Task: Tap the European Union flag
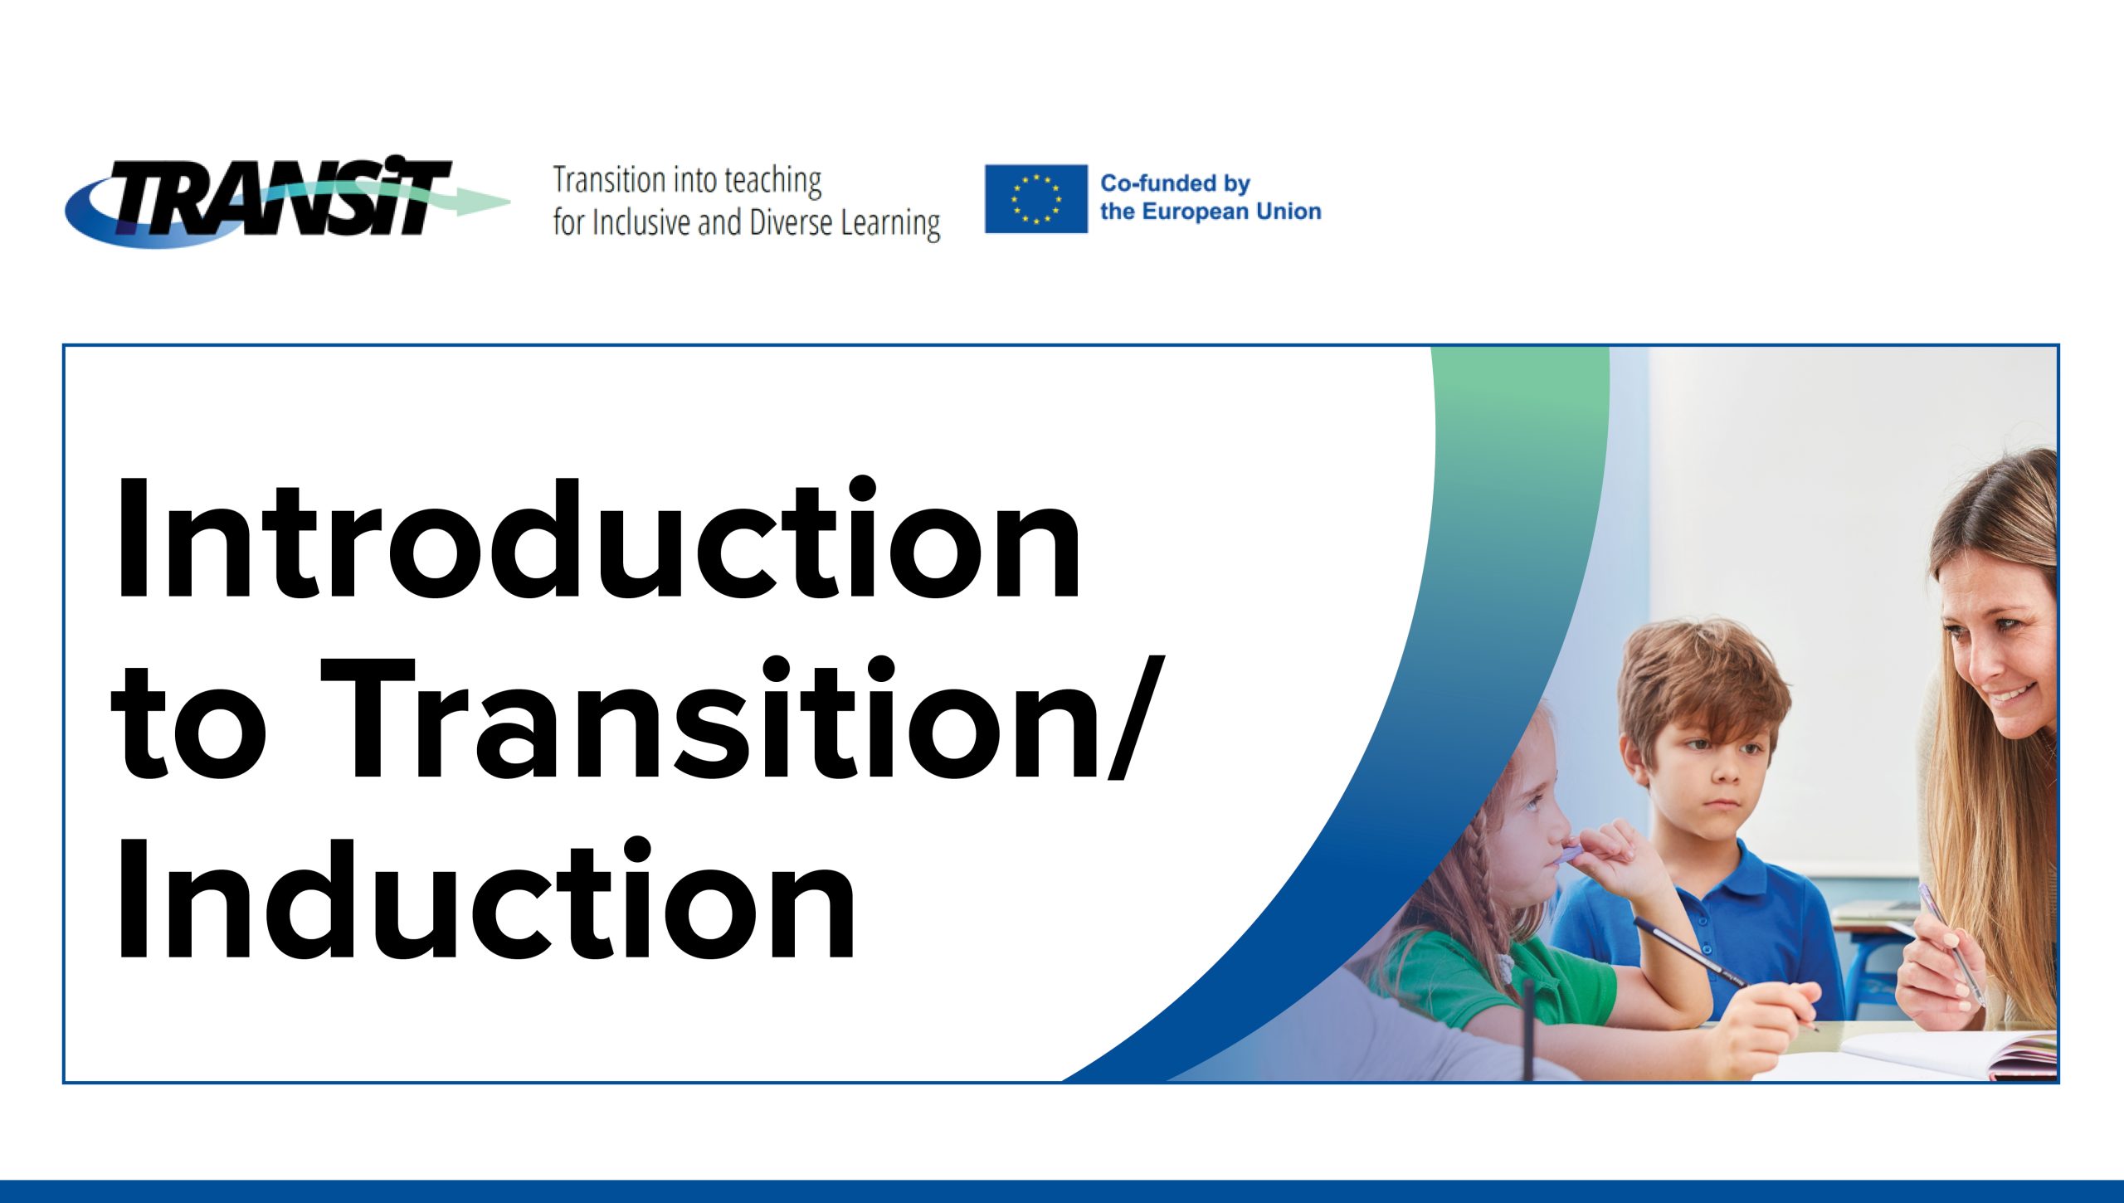(x=1035, y=199)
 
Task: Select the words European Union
(x=1231, y=212)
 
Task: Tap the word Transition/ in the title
(x=743, y=718)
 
